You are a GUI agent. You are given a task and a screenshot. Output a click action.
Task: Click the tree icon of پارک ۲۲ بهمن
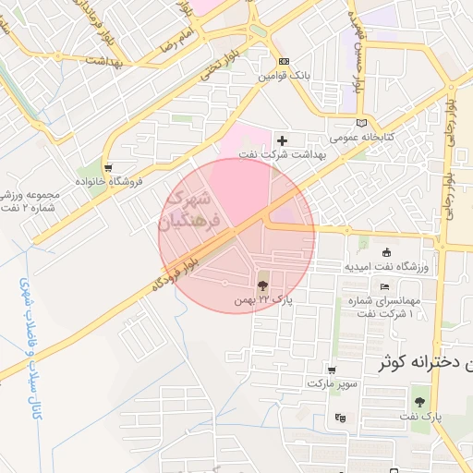263,285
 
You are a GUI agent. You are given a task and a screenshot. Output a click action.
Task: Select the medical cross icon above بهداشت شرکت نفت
283,139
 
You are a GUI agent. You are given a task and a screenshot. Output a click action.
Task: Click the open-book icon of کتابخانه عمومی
361,122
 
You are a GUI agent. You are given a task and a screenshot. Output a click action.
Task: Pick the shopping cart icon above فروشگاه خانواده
110,168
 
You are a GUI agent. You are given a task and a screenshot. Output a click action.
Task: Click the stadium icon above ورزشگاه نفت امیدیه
386,252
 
